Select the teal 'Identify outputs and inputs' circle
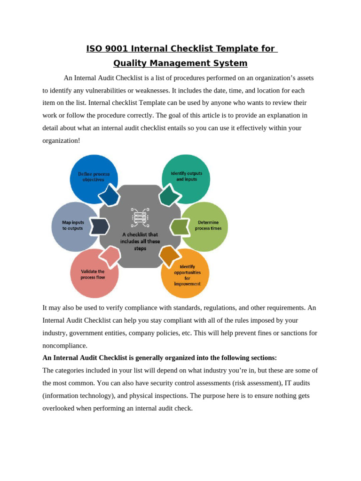[x=186, y=176]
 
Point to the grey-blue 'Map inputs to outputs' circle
[x=73, y=226]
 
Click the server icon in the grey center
[x=140, y=217]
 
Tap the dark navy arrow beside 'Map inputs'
[x=99, y=226]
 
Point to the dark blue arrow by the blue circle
[x=109, y=195]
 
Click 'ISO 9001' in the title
[x=107, y=49]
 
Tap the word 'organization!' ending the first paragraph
[x=61, y=140]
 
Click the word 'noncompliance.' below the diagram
[x=65, y=345]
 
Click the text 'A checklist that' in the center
[x=140, y=234]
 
